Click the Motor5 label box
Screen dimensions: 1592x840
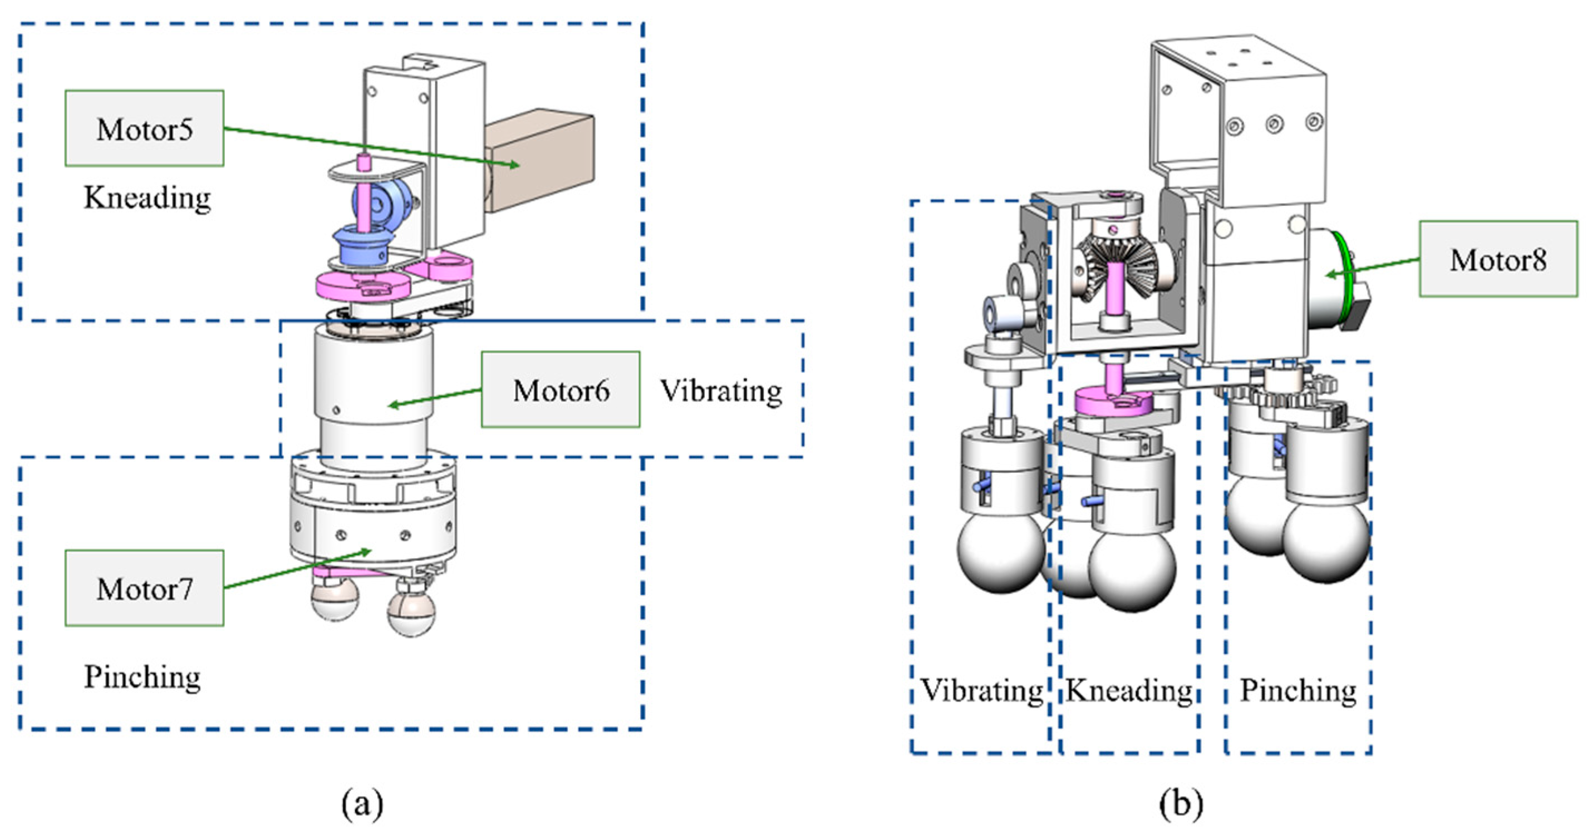pyautogui.click(x=145, y=129)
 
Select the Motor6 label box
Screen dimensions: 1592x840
pyautogui.click(x=561, y=390)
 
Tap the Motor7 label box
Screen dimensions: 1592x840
pyautogui.click(x=145, y=588)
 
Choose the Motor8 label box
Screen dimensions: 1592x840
pyautogui.click(x=1498, y=259)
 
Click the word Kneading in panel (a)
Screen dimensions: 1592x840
pyautogui.click(x=147, y=198)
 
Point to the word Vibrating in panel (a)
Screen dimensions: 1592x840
pyautogui.click(x=721, y=391)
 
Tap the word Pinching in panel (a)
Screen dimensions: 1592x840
pyautogui.click(x=142, y=678)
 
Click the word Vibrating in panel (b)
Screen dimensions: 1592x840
pyautogui.click(x=982, y=690)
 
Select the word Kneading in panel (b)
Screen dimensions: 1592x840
pyautogui.click(x=1129, y=690)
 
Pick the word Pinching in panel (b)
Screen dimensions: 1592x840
pyautogui.click(x=1298, y=690)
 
